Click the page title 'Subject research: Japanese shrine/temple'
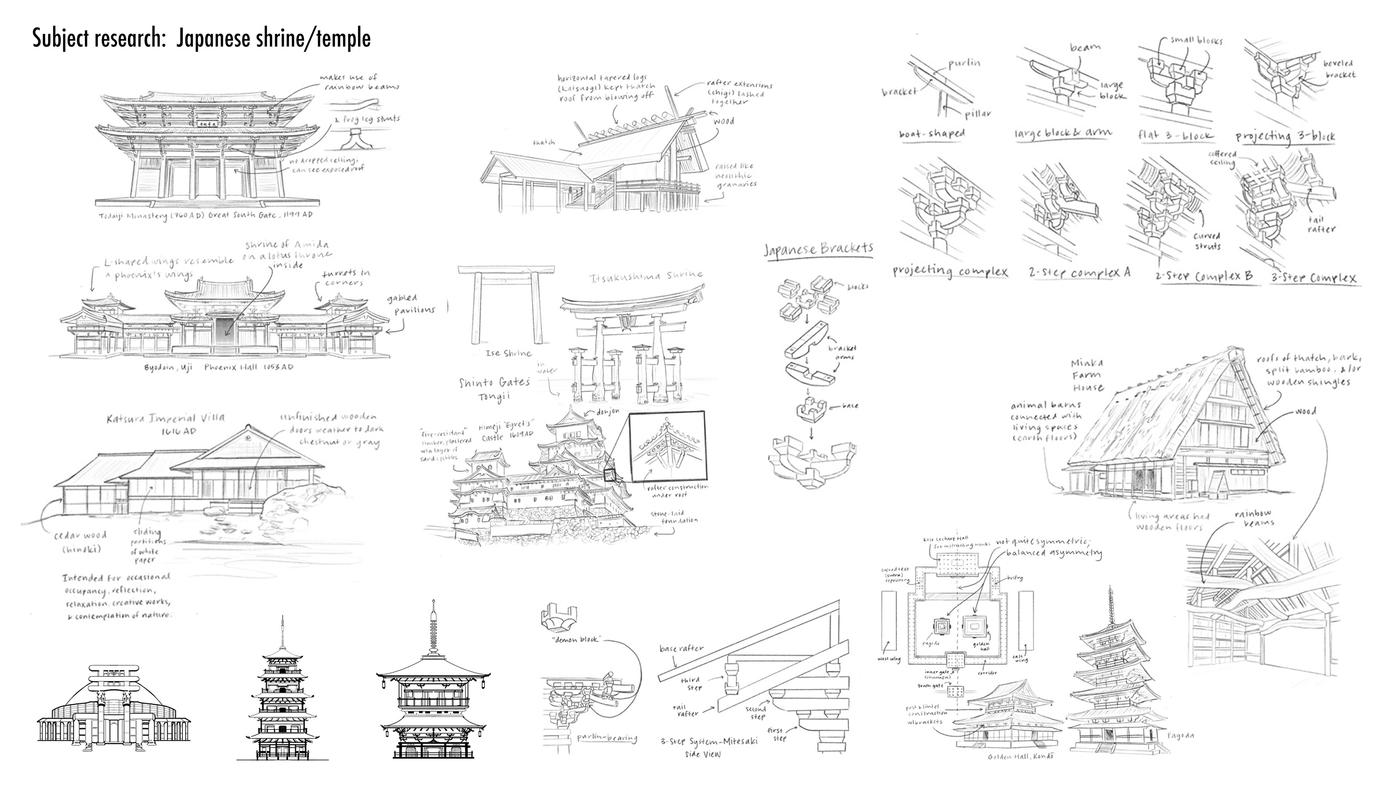point(201,39)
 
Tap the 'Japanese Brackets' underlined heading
point(818,249)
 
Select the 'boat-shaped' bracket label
point(932,133)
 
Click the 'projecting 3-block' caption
point(1285,136)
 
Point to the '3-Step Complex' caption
point(1313,278)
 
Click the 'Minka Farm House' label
point(1088,375)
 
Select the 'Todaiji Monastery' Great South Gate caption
point(206,215)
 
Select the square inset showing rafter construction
point(667,446)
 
